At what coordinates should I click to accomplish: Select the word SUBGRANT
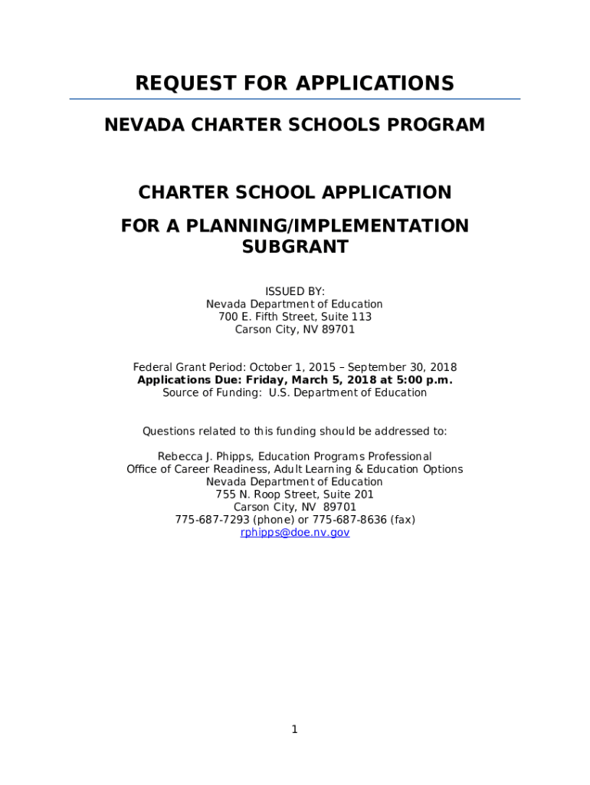[295, 247]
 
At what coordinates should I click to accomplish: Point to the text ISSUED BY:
[295, 291]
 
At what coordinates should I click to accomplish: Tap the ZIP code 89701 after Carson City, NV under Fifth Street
[339, 330]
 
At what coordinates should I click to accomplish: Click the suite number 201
[363, 494]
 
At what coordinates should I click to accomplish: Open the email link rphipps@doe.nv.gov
[295, 532]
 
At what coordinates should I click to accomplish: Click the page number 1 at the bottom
[294, 729]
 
